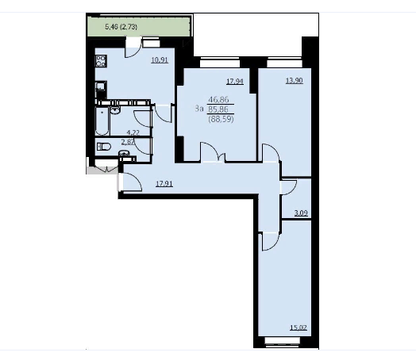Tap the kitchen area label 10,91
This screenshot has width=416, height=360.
tap(160, 60)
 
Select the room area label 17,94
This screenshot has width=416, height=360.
tap(235, 82)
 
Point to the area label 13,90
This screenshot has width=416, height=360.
tap(295, 81)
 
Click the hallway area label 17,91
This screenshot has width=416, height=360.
tap(164, 184)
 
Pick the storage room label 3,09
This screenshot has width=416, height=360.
tap(301, 213)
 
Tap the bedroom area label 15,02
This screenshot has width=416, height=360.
tap(299, 327)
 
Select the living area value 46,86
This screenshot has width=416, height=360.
tap(218, 100)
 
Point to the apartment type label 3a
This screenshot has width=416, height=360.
tap(199, 109)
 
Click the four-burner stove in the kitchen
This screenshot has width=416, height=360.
tap(101, 61)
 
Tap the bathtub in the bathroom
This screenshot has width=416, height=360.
tap(102, 121)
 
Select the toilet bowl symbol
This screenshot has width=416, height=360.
tap(104, 147)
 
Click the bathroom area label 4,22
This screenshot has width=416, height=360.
tap(133, 132)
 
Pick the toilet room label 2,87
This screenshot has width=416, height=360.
tap(128, 142)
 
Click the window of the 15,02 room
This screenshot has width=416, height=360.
tap(283, 341)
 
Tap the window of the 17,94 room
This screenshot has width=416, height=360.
tap(220, 63)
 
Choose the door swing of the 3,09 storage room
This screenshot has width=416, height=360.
tap(288, 187)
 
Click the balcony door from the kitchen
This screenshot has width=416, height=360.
tap(133, 47)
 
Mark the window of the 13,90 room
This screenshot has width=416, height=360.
tap(284, 63)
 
